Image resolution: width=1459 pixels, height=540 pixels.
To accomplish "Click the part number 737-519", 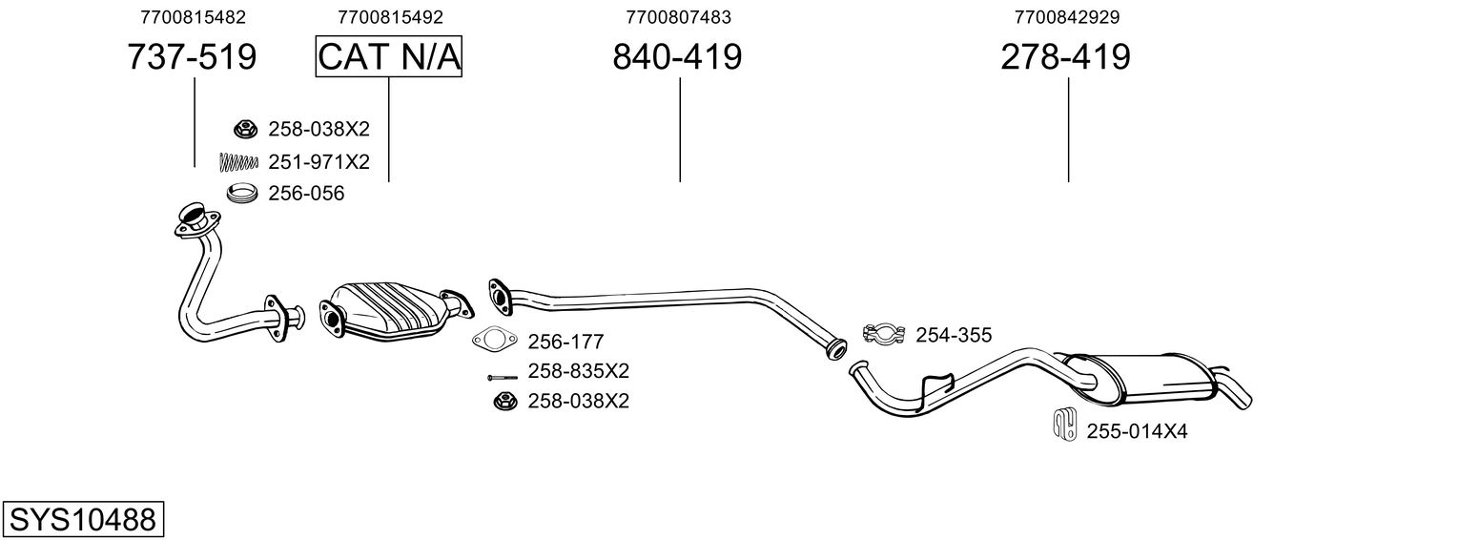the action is pos(192,57).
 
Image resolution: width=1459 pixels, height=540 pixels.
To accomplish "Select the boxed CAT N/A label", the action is pos(389,57).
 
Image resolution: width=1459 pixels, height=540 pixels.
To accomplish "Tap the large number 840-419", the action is pos(677,57).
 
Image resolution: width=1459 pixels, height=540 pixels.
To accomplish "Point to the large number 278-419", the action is pos(1065,57).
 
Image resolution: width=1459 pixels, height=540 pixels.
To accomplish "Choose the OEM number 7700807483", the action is pos(679,17).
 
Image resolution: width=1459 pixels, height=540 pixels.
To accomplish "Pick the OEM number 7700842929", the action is pos(1067,17).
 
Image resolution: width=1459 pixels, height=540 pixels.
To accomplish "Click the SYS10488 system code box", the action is pos(82,520).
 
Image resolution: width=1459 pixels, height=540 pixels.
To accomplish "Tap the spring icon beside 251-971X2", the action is pos(239,162).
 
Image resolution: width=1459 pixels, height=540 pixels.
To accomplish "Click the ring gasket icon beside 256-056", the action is pos(242,194).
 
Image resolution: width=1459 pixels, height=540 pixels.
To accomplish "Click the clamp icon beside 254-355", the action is pos(883,334).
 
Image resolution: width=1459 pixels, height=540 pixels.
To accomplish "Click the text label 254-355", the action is pos(954,335).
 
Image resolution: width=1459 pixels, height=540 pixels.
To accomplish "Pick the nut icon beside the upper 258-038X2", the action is pos(245,129).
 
